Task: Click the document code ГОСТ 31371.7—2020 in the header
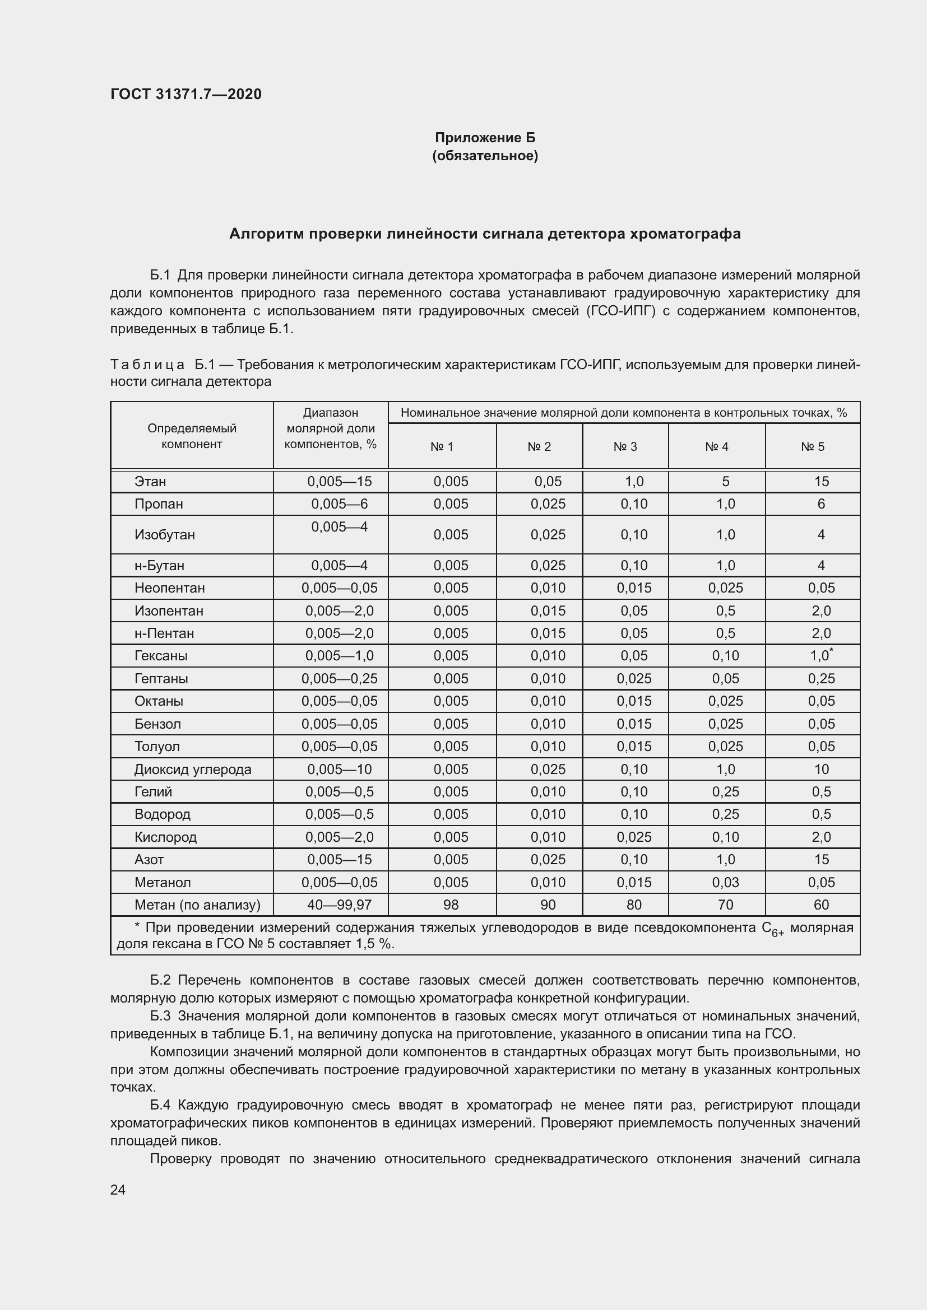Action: (x=186, y=94)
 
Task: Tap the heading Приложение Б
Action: (x=485, y=138)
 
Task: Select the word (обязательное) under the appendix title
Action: (x=485, y=156)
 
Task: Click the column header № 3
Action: (x=625, y=447)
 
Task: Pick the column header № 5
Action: (x=812, y=447)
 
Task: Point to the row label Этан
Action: (x=150, y=482)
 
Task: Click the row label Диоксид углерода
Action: (x=192, y=769)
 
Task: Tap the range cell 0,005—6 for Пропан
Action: (x=339, y=504)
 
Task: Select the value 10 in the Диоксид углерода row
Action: (x=821, y=769)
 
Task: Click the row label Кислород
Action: (x=165, y=837)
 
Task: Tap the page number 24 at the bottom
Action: (x=118, y=1190)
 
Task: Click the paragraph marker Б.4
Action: (x=160, y=1104)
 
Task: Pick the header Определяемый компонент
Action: (x=192, y=436)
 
